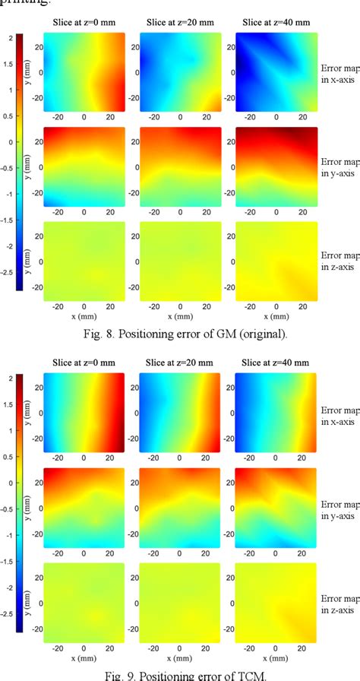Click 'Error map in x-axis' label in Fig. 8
[x=340, y=72]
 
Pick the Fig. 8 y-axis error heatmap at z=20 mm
[x=178, y=166]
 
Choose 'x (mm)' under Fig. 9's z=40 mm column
[x=271, y=657]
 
